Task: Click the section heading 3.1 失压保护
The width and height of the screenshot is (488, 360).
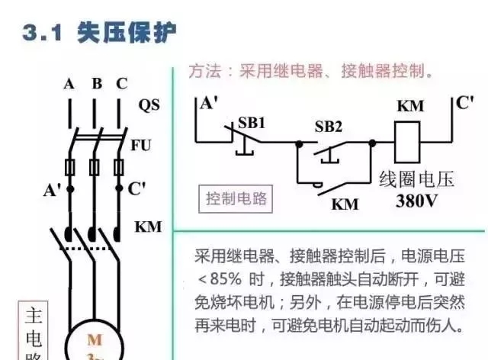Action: pyautogui.click(x=99, y=32)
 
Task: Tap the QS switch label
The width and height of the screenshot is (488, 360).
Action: pyautogui.click(x=149, y=104)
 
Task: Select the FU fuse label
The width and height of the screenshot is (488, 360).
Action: pyautogui.click(x=141, y=144)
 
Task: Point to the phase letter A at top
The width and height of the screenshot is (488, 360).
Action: pyautogui.click(x=69, y=85)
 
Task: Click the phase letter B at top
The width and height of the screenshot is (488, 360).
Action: pyautogui.click(x=97, y=84)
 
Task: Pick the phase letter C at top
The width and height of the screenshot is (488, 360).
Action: pyautogui.click(x=122, y=84)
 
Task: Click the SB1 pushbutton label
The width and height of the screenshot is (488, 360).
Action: pyautogui.click(x=251, y=122)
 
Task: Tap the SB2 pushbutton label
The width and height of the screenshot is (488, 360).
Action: pyautogui.click(x=329, y=126)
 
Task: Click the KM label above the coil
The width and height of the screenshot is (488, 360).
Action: pyautogui.click(x=410, y=106)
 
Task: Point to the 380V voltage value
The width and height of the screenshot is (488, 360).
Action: pyautogui.click(x=416, y=202)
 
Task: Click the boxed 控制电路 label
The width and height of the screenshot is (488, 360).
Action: pyautogui.click(x=237, y=199)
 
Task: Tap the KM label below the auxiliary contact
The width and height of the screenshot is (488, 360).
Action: pyautogui.click(x=348, y=205)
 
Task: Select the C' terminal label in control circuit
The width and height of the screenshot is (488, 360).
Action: pyautogui.click(x=465, y=101)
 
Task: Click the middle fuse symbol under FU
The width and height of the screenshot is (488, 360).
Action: pyautogui.click(x=95, y=167)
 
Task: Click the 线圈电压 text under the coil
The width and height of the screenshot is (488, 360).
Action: pyautogui.click(x=416, y=180)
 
